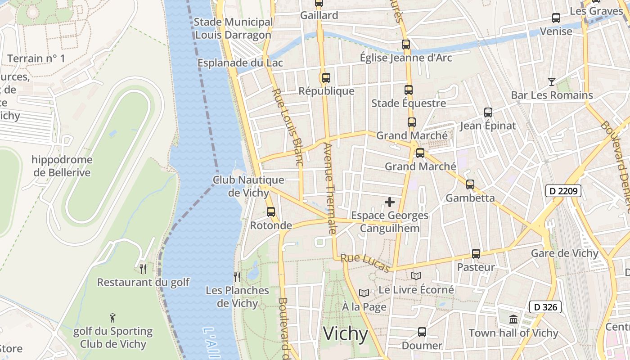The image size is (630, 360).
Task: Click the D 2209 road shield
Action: (x=563, y=191)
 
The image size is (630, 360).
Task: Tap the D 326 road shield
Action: (x=545, y=307)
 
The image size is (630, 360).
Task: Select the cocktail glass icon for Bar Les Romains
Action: (x=551, y=81)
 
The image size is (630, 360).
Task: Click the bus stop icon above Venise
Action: (x=556, y=18)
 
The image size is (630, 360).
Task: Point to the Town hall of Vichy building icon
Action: (x=513, y=319)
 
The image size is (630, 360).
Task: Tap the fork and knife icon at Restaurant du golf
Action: (x=143, y=269)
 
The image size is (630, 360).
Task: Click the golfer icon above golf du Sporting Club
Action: (x=112, y=318)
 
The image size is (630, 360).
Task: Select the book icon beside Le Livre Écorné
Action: (x=416, y=276)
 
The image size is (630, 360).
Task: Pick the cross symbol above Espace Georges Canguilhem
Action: (x=390, y=202)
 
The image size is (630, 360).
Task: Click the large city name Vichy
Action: (x=345, y=333)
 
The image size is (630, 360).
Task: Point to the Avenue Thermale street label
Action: (x=330, y=188)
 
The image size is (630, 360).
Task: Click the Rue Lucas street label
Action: (x=365, y=263)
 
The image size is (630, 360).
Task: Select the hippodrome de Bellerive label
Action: (x=62, y=166)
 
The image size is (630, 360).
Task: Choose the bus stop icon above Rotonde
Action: (x=271, y=211)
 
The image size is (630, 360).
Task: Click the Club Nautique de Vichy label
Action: (x=248, y=186)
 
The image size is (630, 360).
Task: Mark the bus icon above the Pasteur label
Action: (x=476, y=254)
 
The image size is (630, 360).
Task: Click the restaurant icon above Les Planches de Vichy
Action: (x=237, y=277)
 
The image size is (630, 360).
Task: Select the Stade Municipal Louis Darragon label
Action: (x=233, y=28)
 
